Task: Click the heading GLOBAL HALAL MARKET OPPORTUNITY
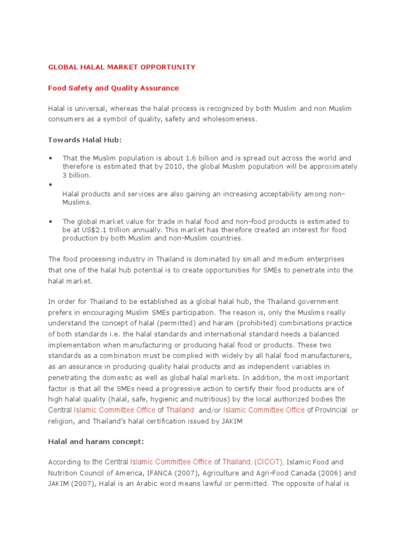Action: [x=121, y=67]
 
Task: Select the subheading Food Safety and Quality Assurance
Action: [x=113, y=88]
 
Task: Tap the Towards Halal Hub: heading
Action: [x=85, y=140]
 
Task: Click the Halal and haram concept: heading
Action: [x=96, y=441]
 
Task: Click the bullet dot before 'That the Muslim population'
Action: [x=51, y=158]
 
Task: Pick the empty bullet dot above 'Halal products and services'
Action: [x=51, y=184]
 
